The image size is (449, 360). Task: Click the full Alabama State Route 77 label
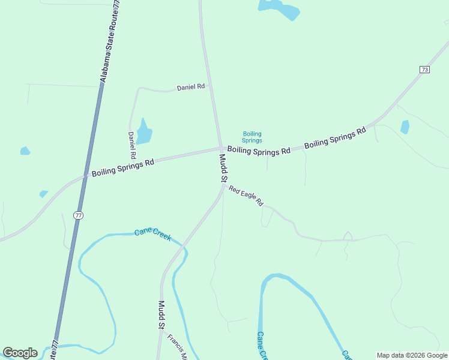tap(110, 41)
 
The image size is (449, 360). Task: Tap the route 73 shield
tap(424, 70)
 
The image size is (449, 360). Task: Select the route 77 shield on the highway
tap(78, 215)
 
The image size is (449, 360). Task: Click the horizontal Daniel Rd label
tap(191, 87)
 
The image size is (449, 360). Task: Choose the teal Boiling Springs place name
tap(252, 137)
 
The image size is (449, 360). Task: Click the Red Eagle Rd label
tap(246, 196)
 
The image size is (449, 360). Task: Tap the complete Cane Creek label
tap(152, 234)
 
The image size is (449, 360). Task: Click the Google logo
tap(20, 353)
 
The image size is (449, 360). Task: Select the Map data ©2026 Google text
tap(412, 355)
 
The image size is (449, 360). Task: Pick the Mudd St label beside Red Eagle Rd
tap(223, 168)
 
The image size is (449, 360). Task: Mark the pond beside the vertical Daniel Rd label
tap(143, 133)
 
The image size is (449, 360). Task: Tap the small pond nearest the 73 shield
tap(405, 127)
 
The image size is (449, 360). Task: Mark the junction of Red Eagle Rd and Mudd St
tap(224, 186)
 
